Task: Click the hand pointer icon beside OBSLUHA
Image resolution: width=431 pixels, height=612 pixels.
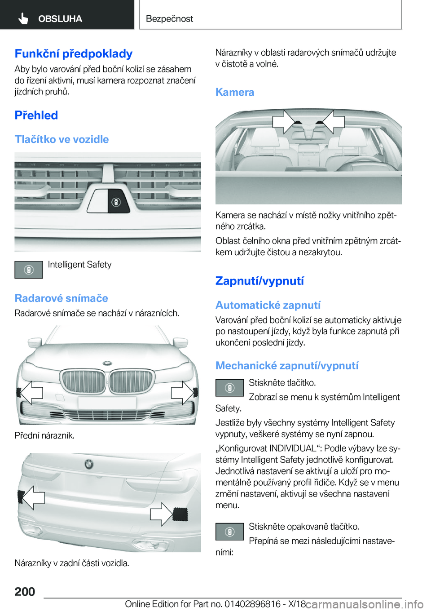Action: click(23, 18)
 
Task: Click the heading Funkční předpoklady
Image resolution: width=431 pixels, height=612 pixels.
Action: click(74, 54)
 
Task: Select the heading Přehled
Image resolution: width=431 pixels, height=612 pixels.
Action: click(36, 115)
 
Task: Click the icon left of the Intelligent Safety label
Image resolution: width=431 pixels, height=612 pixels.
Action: click(29, 270)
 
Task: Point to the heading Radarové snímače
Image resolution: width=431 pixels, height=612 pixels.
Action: click(62, 298)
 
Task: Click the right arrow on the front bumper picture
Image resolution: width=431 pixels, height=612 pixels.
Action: click(182, 392)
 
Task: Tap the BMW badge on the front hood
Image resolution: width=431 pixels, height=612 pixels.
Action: click(107, 363)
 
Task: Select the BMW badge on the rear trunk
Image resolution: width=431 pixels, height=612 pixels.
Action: click(89, 464)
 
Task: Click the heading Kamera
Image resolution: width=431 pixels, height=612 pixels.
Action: click(235, 93)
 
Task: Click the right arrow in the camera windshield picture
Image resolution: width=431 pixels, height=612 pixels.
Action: click(333, 121)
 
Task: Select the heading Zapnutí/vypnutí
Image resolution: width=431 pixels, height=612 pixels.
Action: click(259, 281)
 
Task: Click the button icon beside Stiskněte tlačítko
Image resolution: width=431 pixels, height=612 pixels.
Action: click(229, 387)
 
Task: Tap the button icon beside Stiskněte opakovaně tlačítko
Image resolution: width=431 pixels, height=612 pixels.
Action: click(229, 532)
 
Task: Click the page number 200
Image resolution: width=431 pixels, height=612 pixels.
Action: click(25, 592)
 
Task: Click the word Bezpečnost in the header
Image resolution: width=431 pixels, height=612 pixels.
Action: click(169, 19)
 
